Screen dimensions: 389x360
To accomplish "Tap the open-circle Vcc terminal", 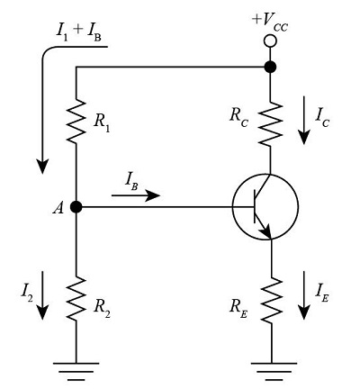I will (x=269, y=41).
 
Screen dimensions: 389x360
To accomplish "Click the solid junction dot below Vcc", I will (x=269, y=67).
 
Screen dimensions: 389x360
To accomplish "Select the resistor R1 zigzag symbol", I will (x=76, y=118).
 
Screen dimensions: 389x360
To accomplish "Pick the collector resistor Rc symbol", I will (x=269, y=127).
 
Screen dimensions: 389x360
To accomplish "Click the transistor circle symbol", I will (x=265, y=206).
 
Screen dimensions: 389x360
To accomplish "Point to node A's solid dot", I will (x=76, y=206).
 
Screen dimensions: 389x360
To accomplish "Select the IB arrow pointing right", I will (x=144, y=194).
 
